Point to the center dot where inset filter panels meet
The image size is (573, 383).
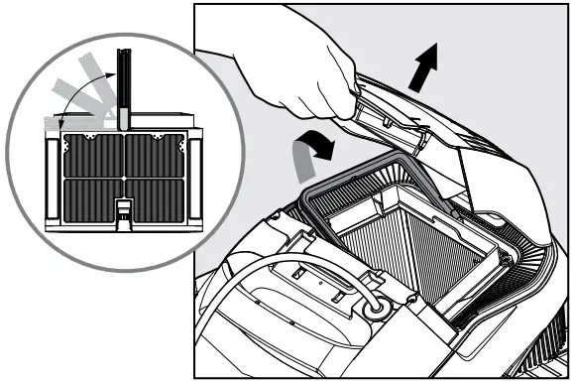(122, 178)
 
